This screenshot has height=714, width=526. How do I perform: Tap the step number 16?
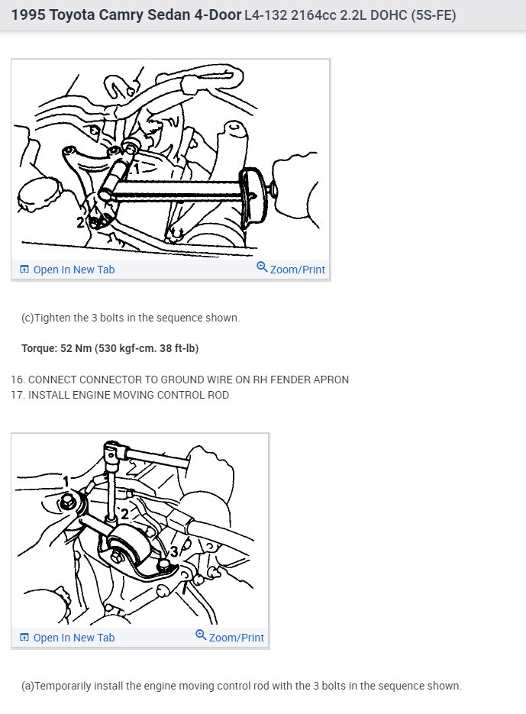(x=18, y=380)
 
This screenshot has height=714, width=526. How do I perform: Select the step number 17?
(x=18, y=395)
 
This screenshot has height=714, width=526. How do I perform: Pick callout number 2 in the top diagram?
(x=80, y=222)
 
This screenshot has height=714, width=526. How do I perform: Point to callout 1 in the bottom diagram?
(x=66, y=481)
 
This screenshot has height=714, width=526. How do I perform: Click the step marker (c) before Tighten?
(x=27, y=318)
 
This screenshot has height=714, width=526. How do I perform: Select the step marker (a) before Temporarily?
(x=27, y=686)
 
